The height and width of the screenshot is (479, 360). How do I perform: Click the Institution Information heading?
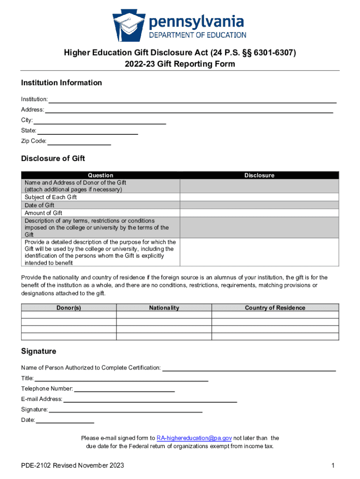(x=61, y=83)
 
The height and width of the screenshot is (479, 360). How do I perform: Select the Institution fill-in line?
(x=193, y=100)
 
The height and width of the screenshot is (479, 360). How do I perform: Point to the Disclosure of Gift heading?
(x=53, y=159)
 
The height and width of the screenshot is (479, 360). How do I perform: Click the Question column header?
(x=101, y=175)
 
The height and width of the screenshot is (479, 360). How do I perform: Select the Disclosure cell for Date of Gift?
(x=259, y=205)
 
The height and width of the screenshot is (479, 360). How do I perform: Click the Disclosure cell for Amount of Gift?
(x=259, y=213)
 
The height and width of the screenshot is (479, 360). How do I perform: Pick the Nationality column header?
(x=164, y=308)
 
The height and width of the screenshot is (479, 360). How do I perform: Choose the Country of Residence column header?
(x=275, y=308)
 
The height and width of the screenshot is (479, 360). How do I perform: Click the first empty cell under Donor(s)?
(x=69, y=315)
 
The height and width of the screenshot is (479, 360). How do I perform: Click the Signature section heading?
(x=38, y=351)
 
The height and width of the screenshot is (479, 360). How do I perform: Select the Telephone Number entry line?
(x=124, y=389)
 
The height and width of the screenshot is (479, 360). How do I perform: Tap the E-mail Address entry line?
(x=150, y=399)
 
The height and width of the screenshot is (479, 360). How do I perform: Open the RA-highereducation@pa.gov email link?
(x=194, y=438)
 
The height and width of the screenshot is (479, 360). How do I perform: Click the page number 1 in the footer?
(x=333, y=465)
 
